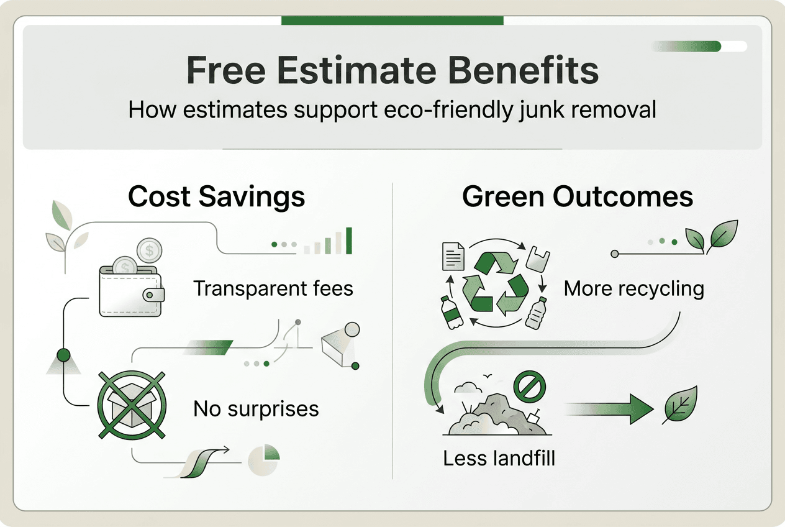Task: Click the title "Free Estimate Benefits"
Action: tap(392, 71)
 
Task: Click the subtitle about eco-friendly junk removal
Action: tap(392, 110)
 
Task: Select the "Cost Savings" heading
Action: tap(217, 197)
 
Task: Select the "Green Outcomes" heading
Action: tap(578, 197)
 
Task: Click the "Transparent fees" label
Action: tap(273, 289)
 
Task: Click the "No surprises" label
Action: tap(256, 409)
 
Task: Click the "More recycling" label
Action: tap(634, 289)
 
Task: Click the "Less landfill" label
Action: tap(499, 459)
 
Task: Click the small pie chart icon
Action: tap(263, 460)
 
